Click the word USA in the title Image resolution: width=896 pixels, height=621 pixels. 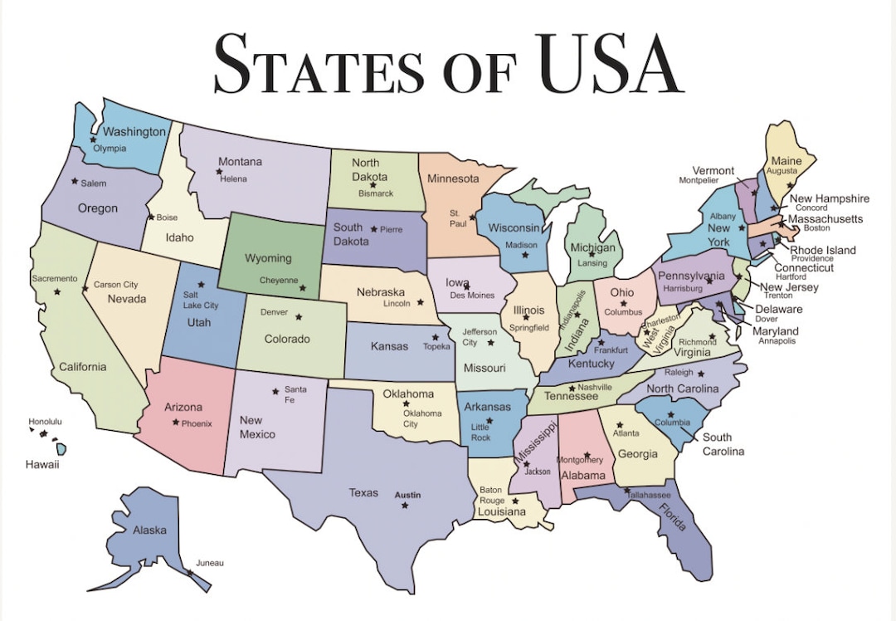pos(609,63)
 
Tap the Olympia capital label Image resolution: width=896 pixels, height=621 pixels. pos(110,149)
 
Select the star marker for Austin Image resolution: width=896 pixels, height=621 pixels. pos(405,506)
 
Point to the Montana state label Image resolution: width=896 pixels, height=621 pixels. pos(240,162)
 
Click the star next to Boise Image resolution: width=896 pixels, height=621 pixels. pos(150,218)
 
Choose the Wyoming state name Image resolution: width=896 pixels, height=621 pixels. pos(268,258)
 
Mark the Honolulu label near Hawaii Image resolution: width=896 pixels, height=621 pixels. pos(45,422)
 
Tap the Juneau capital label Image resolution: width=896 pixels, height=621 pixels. pos(210,563)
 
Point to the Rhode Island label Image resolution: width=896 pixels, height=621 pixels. pos(823,250)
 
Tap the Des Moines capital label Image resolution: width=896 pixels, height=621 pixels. pos(472,296)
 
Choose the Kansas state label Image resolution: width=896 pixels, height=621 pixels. pos(389,346)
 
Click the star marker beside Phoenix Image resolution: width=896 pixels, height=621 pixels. pos(175,423)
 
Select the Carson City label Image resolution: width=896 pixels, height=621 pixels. pos(115,285)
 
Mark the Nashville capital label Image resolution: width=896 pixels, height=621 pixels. pos(595,387)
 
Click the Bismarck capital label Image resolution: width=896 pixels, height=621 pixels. pos(376,193)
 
